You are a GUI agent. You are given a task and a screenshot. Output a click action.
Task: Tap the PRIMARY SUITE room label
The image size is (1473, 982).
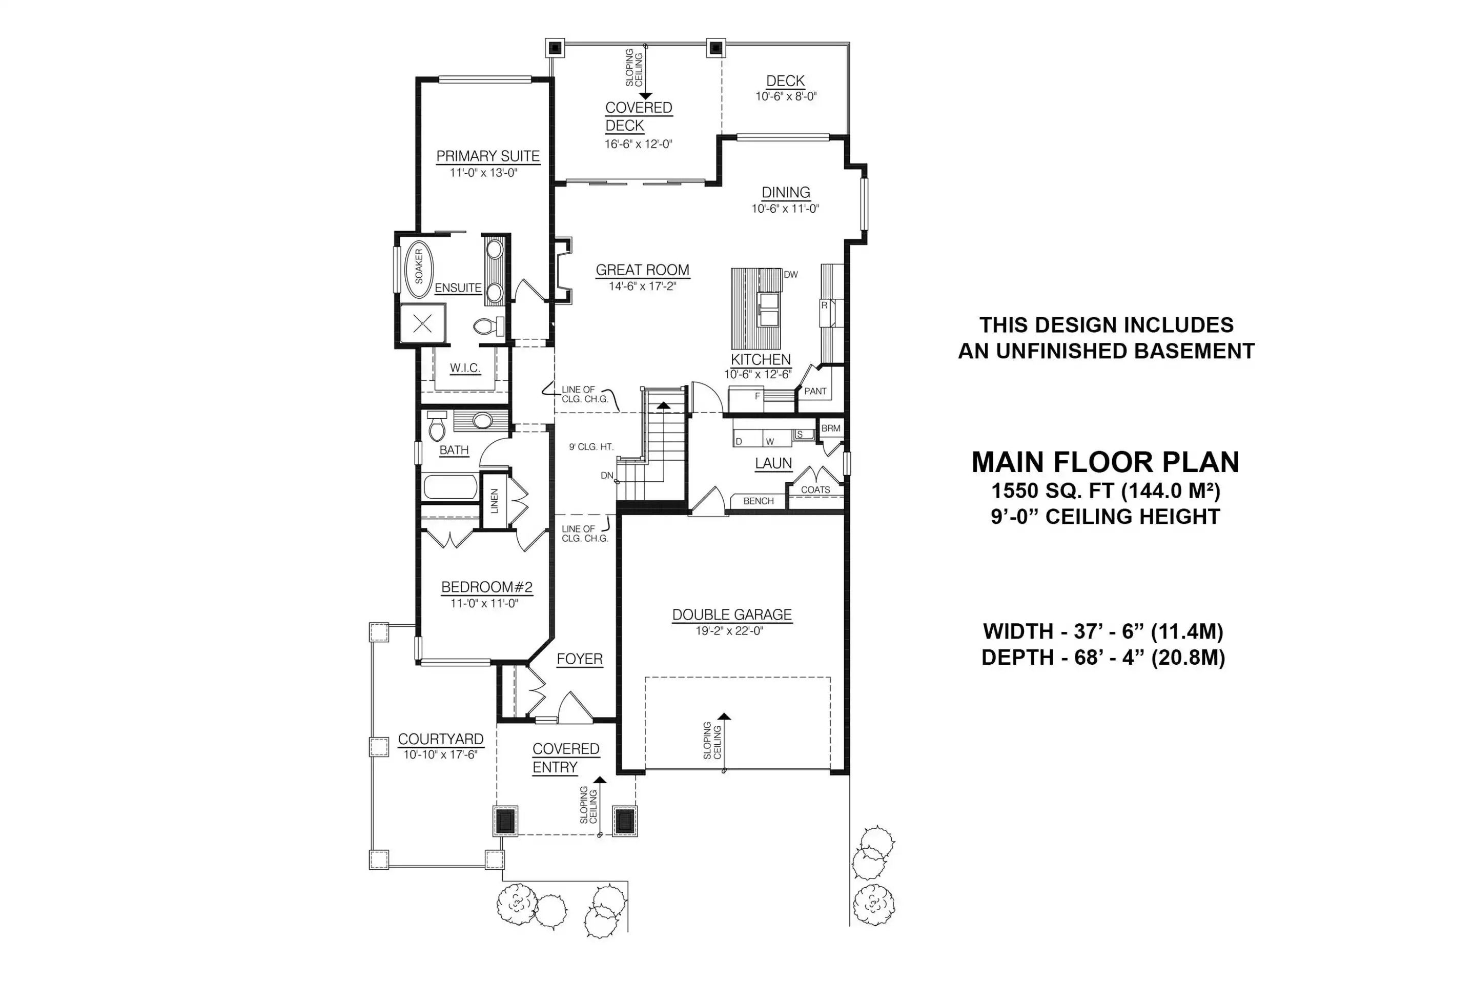(488, 156)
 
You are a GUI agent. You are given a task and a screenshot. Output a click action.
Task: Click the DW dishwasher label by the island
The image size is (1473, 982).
(790, 274)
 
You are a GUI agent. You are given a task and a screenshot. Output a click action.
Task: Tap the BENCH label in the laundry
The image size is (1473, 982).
(759, 501)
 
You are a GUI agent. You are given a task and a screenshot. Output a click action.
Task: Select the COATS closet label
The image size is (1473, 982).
(815, 490)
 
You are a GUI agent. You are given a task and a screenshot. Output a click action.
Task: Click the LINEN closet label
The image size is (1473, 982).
(494, 501)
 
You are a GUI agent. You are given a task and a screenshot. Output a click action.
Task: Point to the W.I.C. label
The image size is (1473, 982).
(465, 368)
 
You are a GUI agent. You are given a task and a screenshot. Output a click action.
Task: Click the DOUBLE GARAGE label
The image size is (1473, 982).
(732, 615)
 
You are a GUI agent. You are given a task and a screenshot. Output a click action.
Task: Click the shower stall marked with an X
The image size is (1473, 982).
(423, 324)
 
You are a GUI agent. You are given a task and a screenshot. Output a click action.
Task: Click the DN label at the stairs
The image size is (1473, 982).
(607, 475)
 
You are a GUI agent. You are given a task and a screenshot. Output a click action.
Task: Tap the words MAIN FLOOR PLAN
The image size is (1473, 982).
(1106, 462)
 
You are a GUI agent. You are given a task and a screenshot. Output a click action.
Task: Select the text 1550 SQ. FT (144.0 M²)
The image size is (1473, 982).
(1106, 490)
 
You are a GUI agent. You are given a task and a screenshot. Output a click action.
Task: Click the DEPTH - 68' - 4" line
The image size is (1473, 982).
(1103, 658)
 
